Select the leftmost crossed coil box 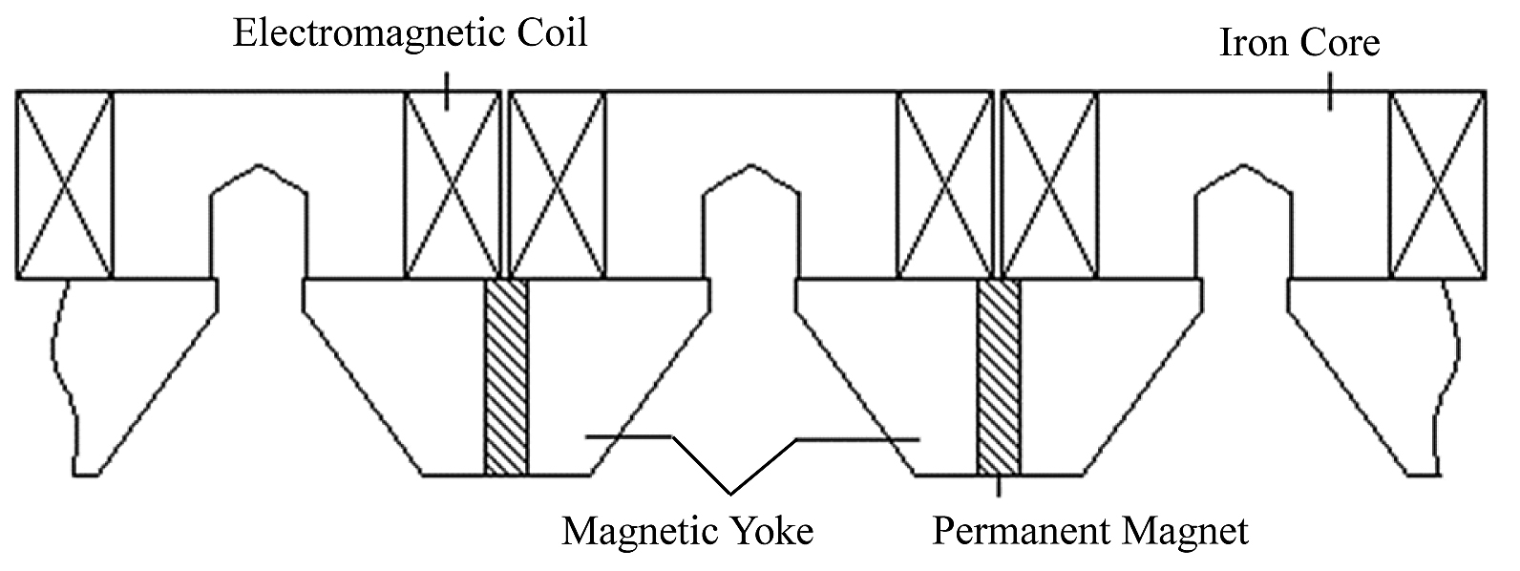coord(64,184)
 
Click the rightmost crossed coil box coord(1437,184)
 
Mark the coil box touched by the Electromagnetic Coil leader coord(453,184)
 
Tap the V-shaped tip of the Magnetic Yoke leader coord(732,493)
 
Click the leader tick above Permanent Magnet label coord(999,487)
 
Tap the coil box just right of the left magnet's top coord(558,184)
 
